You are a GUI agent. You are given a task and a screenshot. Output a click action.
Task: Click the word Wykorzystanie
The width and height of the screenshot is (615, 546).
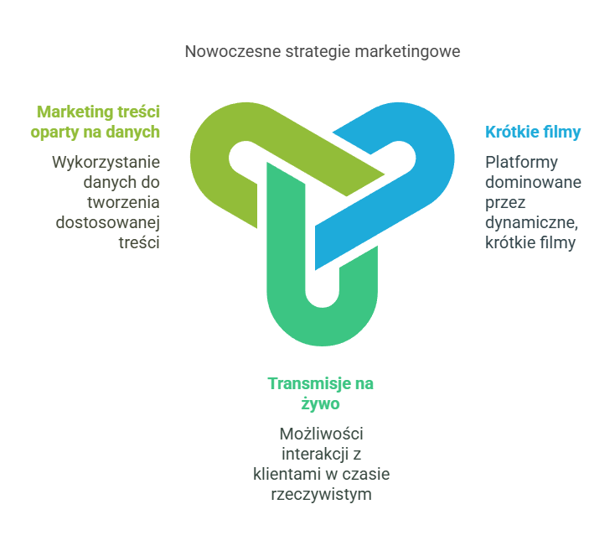(106, 162)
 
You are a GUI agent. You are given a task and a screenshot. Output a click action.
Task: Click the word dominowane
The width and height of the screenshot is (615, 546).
(534, 182)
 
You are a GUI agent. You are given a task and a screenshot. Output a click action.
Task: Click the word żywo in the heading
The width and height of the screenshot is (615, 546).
(320, 403)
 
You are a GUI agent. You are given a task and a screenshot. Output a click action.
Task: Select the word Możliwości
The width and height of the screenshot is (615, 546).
(321, 434)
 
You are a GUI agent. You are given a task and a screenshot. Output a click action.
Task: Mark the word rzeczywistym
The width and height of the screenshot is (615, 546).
(321, 494)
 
